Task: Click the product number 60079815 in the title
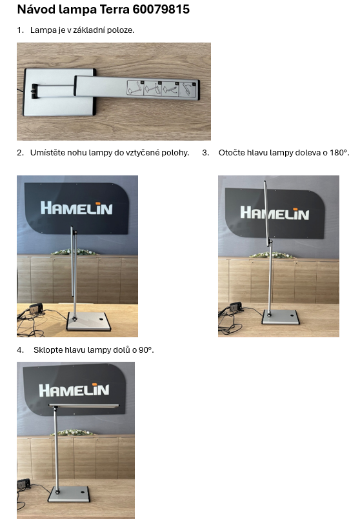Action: click(161, 9)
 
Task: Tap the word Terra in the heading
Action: click(114, 9)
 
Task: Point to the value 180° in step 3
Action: click(339, 152)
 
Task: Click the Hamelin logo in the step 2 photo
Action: click(76, 208)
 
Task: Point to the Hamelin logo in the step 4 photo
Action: click(74, 390)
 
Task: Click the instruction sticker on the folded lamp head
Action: click(161, 89)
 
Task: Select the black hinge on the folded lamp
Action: click(35, 91)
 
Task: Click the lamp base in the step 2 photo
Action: click(89, 322)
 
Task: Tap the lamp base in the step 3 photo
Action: click(281, 317)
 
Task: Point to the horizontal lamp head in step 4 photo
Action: click(84, 406)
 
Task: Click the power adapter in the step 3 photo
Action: click(235, 307)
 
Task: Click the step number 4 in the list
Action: click(20, 350)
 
